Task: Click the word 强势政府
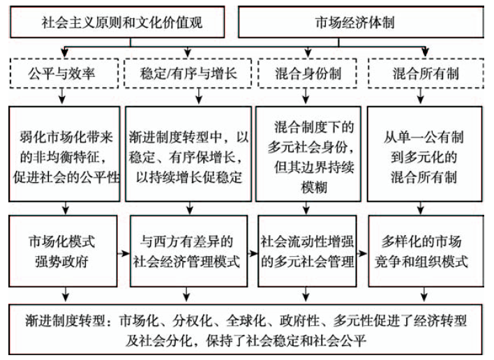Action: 65,262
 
